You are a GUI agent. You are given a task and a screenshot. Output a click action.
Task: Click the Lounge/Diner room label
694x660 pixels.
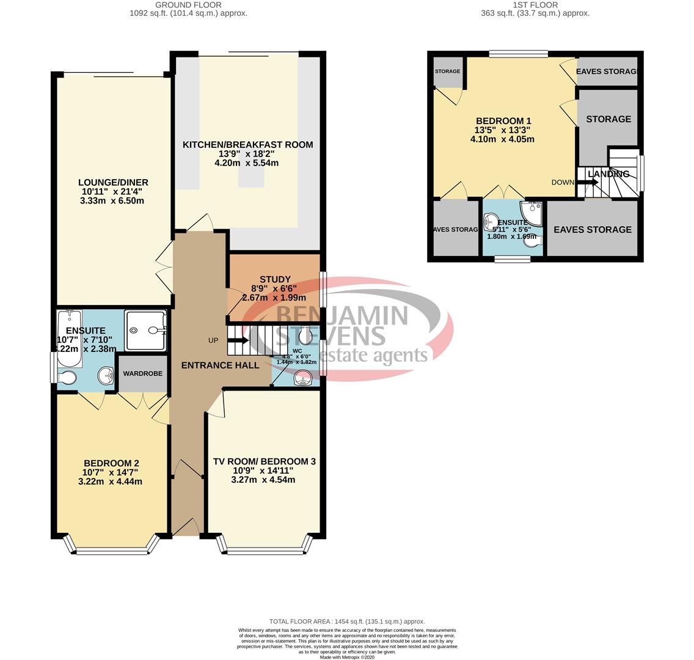113,182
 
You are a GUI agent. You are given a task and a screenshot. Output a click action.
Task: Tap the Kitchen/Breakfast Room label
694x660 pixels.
247,145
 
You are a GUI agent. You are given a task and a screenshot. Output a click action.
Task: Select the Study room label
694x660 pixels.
274,279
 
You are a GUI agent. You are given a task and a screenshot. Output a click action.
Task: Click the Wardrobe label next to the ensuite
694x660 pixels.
143,373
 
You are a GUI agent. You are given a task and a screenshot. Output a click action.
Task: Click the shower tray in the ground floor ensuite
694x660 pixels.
145,331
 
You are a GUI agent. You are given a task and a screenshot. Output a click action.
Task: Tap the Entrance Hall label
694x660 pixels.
220,365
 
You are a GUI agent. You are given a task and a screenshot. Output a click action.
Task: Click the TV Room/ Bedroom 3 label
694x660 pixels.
264,461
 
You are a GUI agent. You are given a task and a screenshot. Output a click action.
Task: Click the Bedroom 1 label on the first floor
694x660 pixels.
503,121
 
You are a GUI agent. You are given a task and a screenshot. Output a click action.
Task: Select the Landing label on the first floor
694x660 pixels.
608,174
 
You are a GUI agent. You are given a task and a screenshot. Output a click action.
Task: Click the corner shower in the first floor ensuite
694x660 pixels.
531,213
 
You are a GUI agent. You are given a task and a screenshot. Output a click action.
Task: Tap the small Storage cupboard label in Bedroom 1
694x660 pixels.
447,71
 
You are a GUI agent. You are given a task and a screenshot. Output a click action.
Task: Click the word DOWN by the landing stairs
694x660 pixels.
562,182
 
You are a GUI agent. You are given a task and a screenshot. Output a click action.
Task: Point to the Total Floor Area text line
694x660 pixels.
346,621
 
